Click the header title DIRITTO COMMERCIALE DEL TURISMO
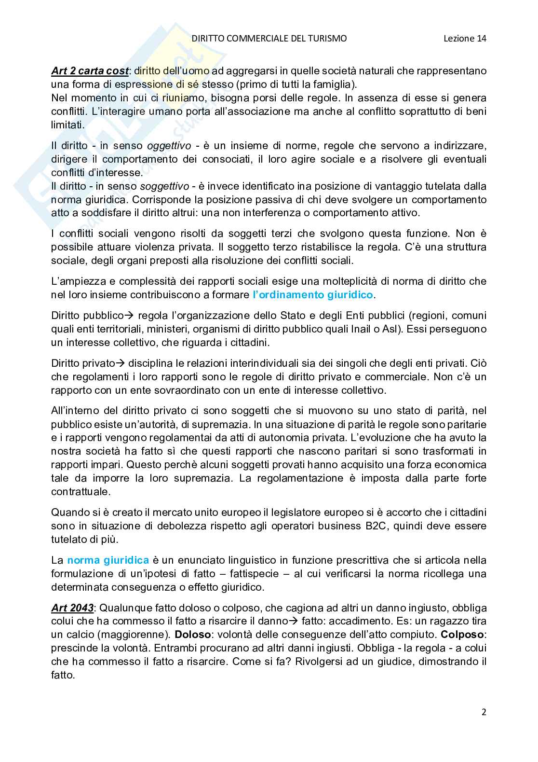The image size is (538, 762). click(269, 38)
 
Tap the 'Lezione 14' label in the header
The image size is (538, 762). click(465, 38)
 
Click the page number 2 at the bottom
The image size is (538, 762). click(484, 712)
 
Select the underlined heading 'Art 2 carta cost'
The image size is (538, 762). click(90, 71)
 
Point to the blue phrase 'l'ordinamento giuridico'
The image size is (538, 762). click(313, 294)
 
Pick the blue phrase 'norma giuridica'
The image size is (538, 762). click(108, 560)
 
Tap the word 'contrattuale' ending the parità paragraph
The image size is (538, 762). click(81, 492)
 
